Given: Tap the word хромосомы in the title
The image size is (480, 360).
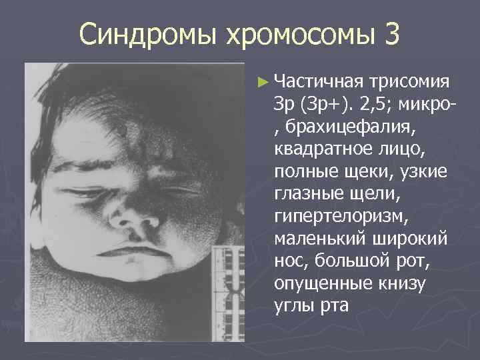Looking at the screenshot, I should click(x=284, y=34).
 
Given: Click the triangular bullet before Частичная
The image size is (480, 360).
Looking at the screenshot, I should click(x=265, y=82).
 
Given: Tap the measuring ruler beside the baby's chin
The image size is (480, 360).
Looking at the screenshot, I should click(x=230, y=293).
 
